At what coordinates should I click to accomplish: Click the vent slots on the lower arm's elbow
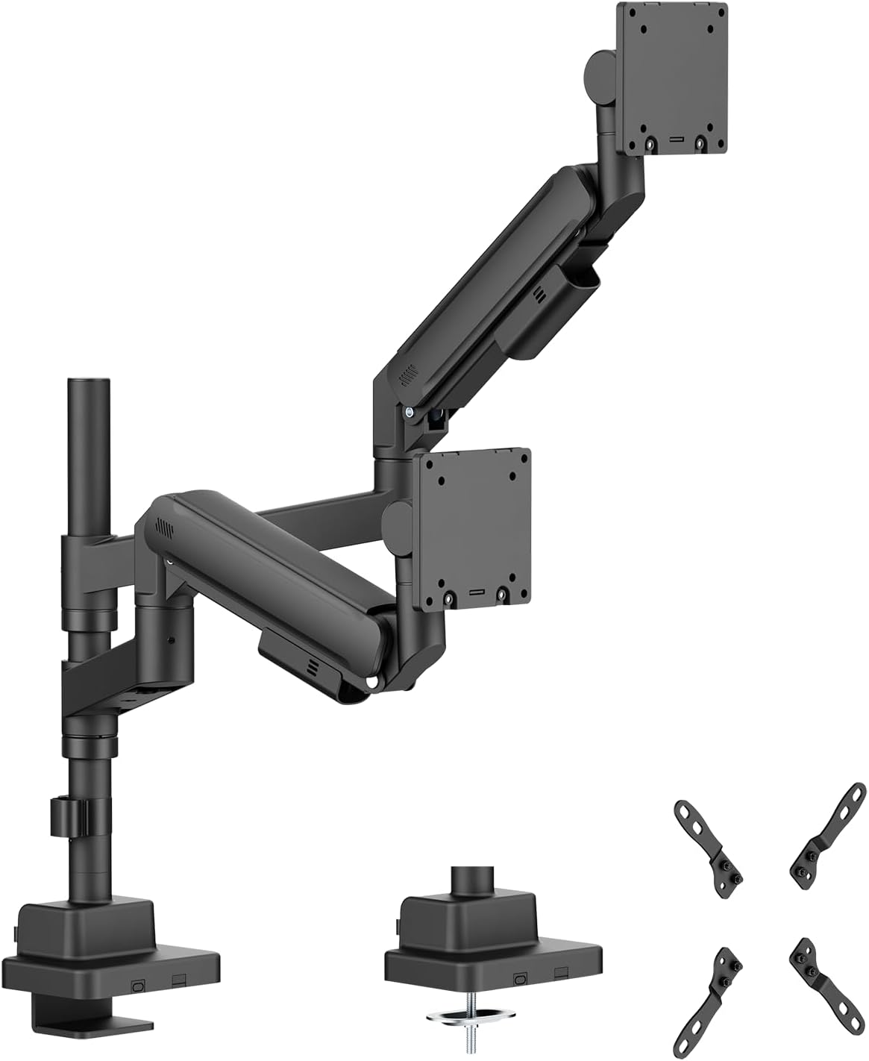163,526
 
